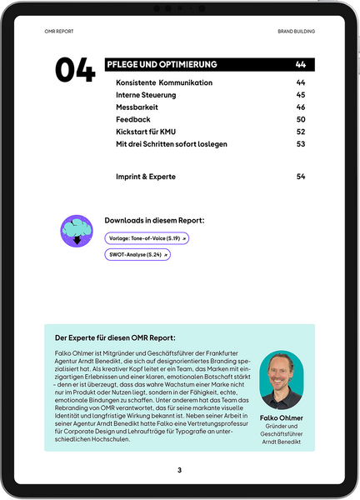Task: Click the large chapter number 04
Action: [75, 71]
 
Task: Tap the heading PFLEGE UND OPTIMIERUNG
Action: [162, 64]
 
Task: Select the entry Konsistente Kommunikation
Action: [164, 83]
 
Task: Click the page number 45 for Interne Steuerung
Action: [301, 95]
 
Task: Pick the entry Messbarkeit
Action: [137, 107]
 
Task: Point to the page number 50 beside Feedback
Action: [301, 120]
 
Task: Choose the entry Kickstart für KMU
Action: [147, 132]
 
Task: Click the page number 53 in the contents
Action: [301, 144]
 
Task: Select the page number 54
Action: [301, 177]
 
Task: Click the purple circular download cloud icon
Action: [77, 230]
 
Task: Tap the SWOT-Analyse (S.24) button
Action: [137, 254]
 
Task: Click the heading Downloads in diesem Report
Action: [154, 221]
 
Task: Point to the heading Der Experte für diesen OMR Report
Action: [115, 338]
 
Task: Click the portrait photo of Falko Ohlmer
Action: [282, 380]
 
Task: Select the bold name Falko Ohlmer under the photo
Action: [282, 418]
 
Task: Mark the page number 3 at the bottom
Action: [179, 471]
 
